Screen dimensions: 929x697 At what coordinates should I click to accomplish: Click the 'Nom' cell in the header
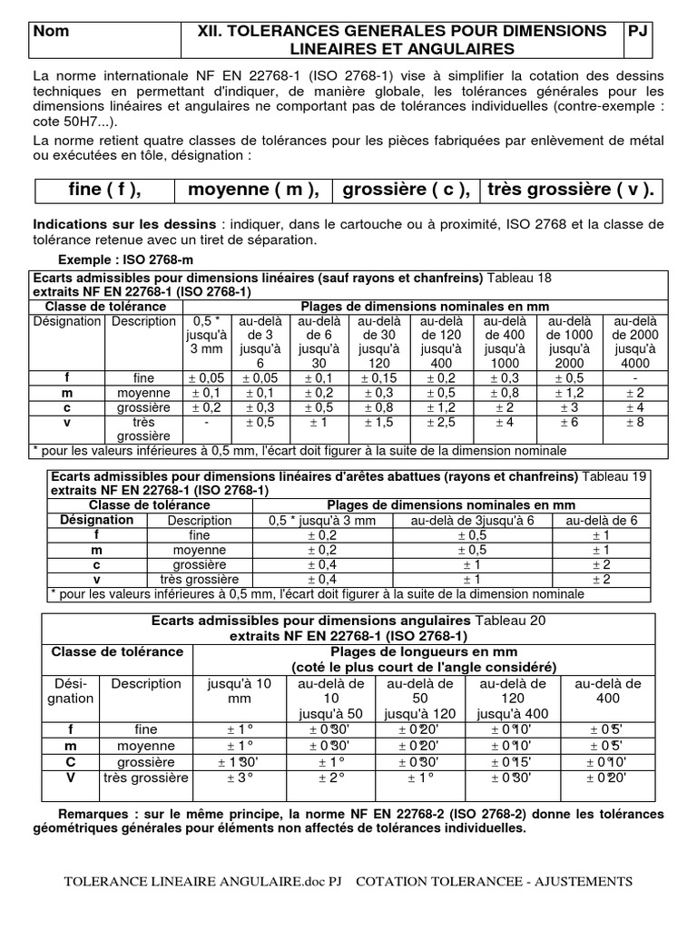tap(51, 31)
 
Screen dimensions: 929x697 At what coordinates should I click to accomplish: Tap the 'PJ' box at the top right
tap(639, 31)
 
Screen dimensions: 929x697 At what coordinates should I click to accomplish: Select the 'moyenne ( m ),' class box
tap(253, 190)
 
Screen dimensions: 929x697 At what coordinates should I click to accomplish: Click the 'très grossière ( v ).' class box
tap(570, 190)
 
